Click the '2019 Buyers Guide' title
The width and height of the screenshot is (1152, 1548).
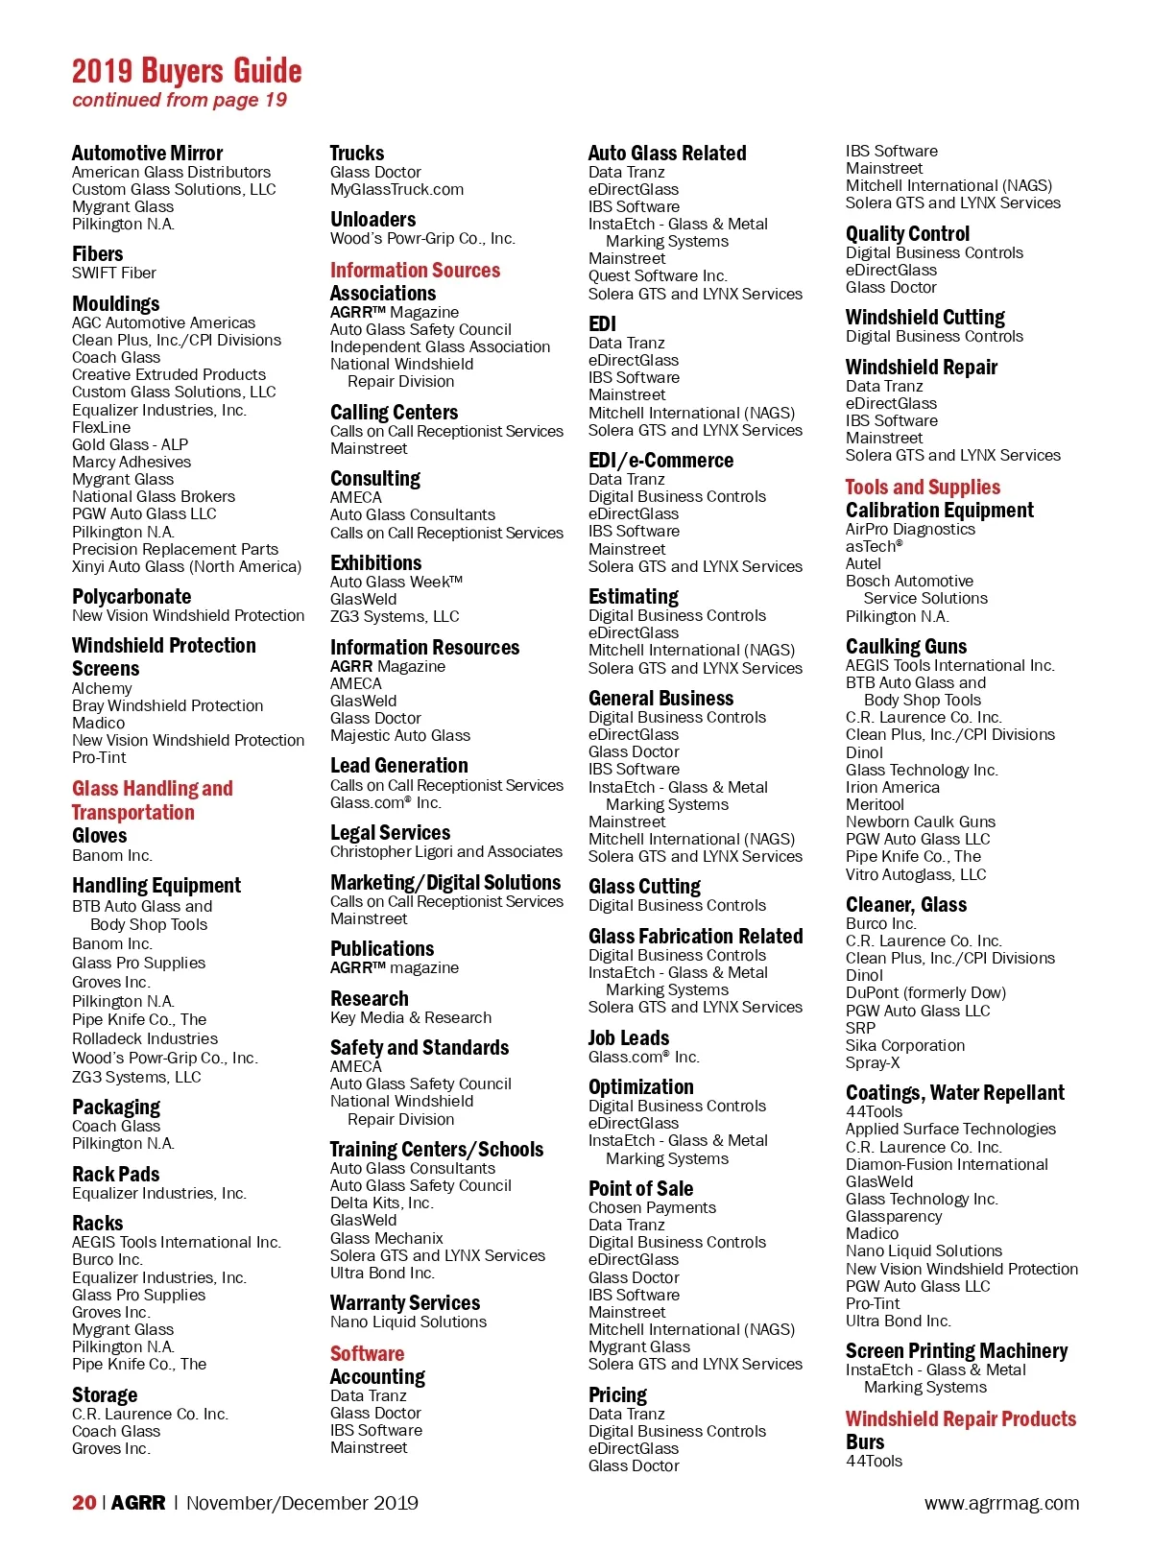click(x=186, y=71)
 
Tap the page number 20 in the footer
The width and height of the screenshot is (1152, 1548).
click(x=84, y=1502)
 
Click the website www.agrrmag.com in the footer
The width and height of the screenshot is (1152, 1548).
click(x=1001, y=1503)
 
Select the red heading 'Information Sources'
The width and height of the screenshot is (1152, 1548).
click(x=415, y=271)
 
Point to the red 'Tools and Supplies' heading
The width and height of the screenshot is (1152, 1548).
click(x=922, y=488)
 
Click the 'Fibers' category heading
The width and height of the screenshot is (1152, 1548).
click(x=97, y=254)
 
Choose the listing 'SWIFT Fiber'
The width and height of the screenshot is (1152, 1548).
click(x=113, y=274)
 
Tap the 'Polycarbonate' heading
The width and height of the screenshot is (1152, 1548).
click(x=131, y=597)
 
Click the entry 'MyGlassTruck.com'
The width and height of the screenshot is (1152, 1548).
click(x=396, y=190)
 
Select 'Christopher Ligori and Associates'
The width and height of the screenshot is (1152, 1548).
click(x=445, y=852)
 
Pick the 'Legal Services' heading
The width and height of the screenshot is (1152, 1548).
click(x=390, y=833)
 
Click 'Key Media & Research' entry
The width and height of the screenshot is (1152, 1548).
click(x=410, y=1018)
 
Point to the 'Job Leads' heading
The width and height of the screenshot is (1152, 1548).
click(x=628, y=1038)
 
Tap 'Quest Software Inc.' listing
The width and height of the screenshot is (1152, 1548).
click(x=657, y=276)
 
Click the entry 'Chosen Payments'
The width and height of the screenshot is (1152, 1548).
click(x=652, y=1208)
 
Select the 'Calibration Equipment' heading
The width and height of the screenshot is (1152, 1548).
click(x=939, y=511)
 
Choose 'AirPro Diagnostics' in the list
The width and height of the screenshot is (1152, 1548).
click(x=909, y=530)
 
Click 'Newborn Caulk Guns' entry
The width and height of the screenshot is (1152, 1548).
click(x=920, y=822)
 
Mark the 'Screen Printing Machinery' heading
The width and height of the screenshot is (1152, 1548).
click(x=956, y=1351)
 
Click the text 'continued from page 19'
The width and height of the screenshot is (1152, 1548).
click(x=179, y=100)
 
